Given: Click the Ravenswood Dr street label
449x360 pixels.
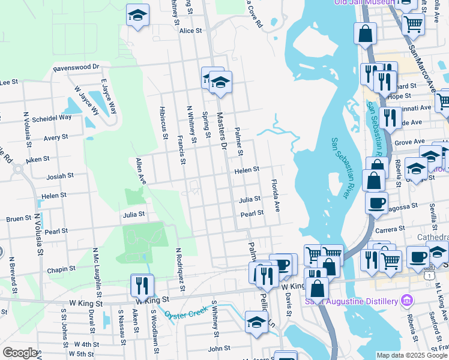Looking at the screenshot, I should pos(76,68).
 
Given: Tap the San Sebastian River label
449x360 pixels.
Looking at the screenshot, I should pos(339,168).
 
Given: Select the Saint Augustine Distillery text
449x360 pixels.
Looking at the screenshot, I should pos(352,301).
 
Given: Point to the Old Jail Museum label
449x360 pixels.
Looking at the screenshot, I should pos(364,2).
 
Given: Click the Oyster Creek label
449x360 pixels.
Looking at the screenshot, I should pos(185,314).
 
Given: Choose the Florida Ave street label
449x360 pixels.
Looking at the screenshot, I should pos(276,196).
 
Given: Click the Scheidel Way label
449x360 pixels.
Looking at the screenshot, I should pos(52,117).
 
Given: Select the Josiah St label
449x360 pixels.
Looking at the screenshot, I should pos(60,176).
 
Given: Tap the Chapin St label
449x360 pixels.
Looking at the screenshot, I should pos(62,270).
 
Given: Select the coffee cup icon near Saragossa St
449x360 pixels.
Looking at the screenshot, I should pos(376,203).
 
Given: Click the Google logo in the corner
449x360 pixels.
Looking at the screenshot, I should pos(19,353).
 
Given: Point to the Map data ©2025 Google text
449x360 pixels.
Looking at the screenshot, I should pos(412,356).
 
